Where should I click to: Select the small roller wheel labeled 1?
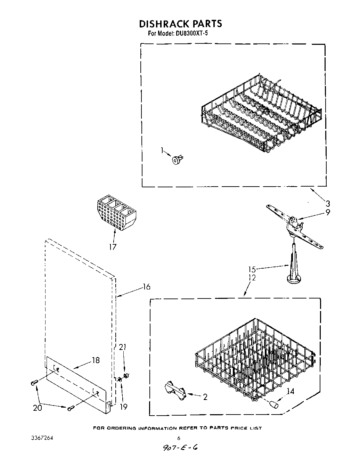[177, 160]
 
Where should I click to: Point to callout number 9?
[327, 212]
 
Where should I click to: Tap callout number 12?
[252, 278]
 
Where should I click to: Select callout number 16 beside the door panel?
[147, 287]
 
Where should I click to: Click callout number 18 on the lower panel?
[96, 360]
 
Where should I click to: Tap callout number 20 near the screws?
[37, 407]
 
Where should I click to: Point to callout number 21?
[123, 347]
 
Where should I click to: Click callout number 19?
[123, 406]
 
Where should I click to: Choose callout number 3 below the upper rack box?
[327, 204]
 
